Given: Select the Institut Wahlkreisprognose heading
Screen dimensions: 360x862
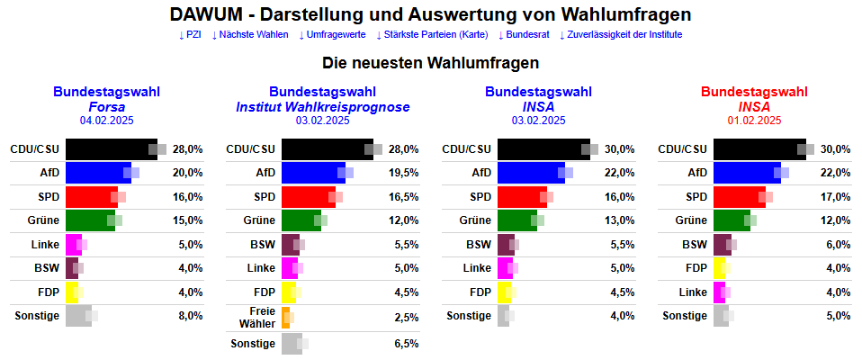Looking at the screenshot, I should pos(323,106).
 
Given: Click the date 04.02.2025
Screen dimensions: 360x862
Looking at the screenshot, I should pos(107,120).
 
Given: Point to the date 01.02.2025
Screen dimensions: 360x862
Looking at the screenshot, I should pos(755,120).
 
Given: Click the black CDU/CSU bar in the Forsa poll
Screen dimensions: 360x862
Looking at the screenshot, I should pos(111,148).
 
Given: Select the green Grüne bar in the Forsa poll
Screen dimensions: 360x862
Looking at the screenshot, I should pos(90,220).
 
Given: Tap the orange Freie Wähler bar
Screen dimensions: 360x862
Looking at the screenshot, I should pos(285,317).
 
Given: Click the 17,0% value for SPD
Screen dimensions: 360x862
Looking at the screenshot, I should pos(835,197).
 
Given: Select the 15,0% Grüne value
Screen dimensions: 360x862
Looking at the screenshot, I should pos(187,220).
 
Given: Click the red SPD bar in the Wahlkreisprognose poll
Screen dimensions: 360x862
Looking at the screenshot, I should pos(308,197).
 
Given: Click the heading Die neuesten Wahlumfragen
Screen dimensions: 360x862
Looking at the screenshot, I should pos(430,64).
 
